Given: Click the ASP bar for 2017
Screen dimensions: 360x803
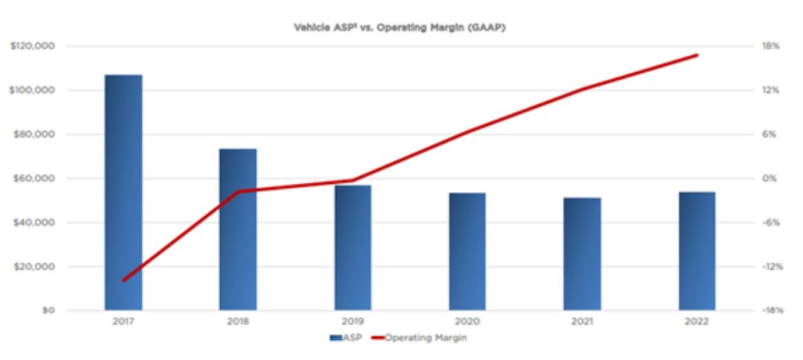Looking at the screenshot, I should pos(123,193).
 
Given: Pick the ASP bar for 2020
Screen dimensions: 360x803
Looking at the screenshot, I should pos(467,251).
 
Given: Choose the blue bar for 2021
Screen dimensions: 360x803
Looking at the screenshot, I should pos(582,254).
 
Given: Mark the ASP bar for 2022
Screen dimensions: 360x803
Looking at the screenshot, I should pos(697,251).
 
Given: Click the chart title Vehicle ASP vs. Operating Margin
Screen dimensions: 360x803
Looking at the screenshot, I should pos(401,28).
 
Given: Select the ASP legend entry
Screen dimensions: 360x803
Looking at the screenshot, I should pos(348,337).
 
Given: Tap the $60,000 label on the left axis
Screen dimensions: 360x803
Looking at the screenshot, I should pos(35,179).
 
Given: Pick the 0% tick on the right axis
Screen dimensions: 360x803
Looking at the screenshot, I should pos(770,179).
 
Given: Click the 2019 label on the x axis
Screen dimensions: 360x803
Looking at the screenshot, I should pos(352,322).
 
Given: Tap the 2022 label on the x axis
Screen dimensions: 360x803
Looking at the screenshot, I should pos(697,322).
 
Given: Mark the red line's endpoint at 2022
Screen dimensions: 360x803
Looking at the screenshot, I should pos(697,55).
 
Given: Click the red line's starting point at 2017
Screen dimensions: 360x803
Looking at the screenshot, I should pos(123,280).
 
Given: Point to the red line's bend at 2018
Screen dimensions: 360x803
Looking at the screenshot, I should pos(238,191).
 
